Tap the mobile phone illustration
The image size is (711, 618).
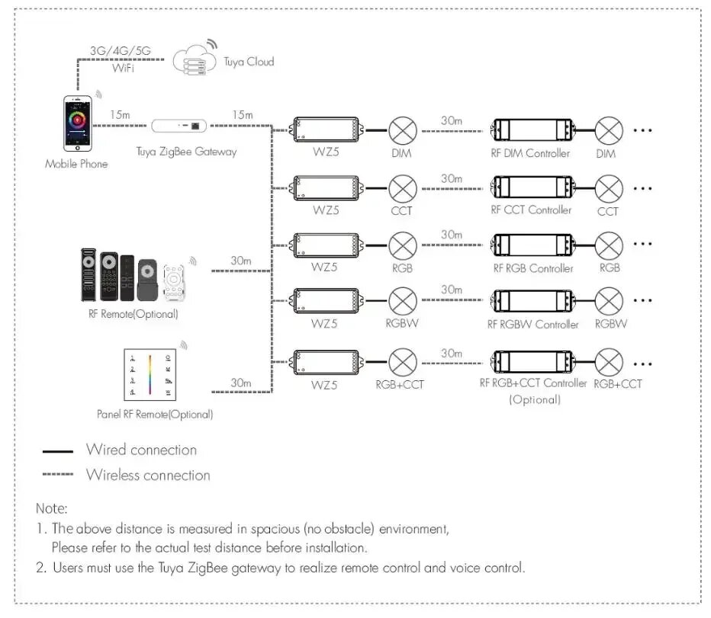[78, 123]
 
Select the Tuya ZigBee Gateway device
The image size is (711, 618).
[179, 126]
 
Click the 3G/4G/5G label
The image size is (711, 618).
[121, 50]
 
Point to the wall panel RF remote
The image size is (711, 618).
[150, 374]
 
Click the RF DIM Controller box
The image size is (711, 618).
[532, 130]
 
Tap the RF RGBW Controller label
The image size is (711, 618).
[532, 325]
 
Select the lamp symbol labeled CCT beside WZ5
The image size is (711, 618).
[403, 188]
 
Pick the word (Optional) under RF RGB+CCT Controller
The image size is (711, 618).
[535, 399]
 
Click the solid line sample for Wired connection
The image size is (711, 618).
[57, 451]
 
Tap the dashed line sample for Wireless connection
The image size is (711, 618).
[57, 474]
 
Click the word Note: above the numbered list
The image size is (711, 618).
[52, 508]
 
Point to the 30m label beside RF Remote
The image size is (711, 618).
[241, 261]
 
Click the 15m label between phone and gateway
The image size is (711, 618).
[120, 114]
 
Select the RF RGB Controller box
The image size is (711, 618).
[532, 245]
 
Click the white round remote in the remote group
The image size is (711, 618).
[174, 281]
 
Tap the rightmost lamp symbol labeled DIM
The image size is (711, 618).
[609, 130]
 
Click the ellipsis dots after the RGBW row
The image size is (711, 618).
[643, 300]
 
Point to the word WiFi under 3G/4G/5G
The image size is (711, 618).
[123, 68]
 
